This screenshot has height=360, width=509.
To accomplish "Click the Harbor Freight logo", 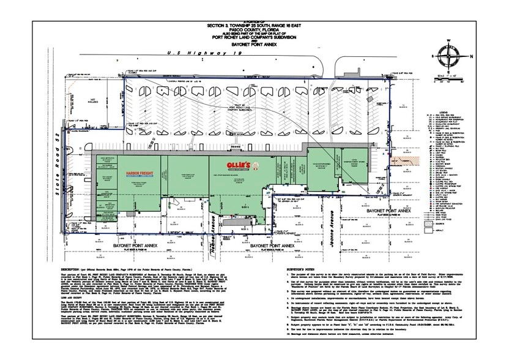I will click(137, 174).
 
